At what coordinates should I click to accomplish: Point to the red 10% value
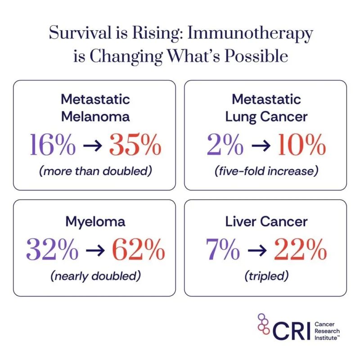point(300,144)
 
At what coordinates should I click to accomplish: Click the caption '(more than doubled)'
point(95,171)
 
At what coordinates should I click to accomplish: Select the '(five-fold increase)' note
point(265,171)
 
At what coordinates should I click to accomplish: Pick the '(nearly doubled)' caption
point(95,275)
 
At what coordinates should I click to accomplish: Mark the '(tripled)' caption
point(265,275)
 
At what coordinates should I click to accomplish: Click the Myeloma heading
point(95,221)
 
